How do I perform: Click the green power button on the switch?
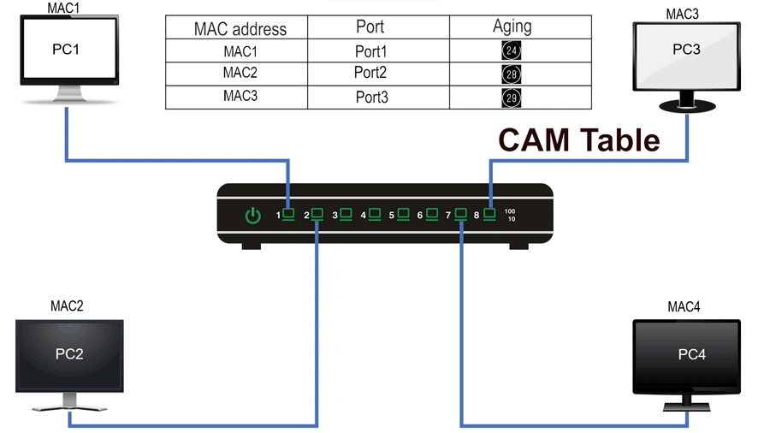point(253,216)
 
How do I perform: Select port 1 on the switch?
point(289,214)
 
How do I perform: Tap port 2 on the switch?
point(317,214)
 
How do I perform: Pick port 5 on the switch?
point(402,214)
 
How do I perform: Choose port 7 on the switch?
point(461,214)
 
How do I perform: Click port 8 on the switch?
point(489,214)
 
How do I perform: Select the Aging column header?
point(512,27)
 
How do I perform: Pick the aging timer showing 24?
point(512,51)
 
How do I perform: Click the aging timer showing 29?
point(512,98)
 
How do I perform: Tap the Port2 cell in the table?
point(370,73)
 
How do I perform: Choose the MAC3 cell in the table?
point(240,96)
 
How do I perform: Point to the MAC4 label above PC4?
point(684,306)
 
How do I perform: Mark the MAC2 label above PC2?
point(67,305)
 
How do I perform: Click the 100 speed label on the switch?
point(510,211)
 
